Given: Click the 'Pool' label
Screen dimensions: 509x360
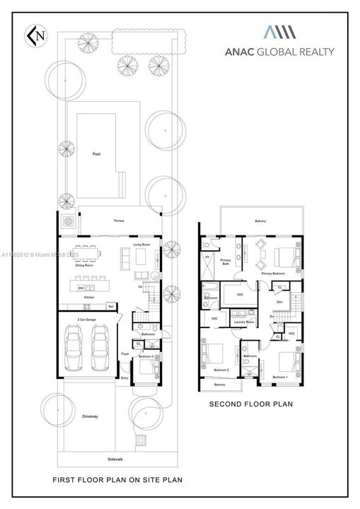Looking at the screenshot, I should (x=96, y=153).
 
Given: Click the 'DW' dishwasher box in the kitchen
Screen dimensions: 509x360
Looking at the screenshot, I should (x=82, y=288).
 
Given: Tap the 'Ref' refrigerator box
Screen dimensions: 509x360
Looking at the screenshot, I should (x=110, y=306).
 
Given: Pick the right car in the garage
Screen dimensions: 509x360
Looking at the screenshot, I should (x=99, y=347).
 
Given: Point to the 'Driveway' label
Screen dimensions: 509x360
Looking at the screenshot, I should (x=90, y=416).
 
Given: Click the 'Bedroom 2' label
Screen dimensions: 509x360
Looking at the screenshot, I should (x=221, y=370).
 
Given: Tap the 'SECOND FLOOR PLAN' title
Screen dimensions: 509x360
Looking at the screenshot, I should (x=252, y=404).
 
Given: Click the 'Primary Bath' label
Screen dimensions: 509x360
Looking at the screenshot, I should (x=226, y=262).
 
